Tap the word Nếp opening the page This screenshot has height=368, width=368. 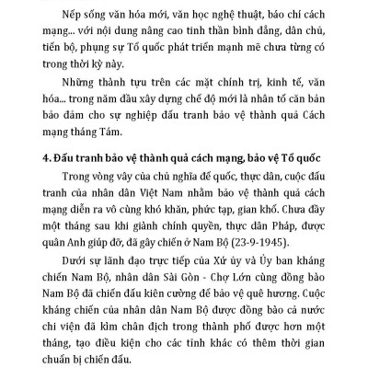70,13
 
